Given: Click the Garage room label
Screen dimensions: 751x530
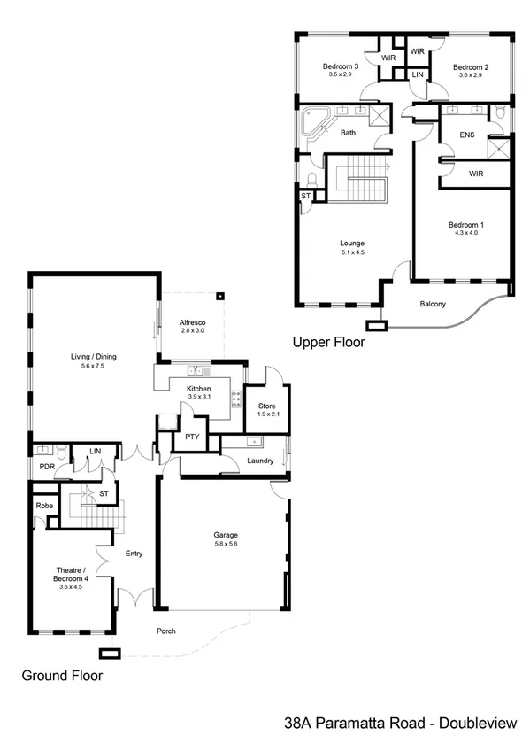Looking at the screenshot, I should (226, 535).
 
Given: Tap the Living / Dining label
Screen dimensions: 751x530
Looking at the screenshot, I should (94, 357).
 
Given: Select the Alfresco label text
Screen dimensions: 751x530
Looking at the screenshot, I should (192, 321).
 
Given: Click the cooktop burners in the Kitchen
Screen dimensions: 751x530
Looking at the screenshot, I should (236, 399).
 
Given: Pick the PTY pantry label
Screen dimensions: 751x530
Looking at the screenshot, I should (190, 437).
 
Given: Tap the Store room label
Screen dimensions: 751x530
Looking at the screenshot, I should (268, 406).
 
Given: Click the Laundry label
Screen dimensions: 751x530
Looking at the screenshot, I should (260, 461).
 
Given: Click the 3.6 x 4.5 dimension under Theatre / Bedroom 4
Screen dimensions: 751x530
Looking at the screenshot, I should (69, 585).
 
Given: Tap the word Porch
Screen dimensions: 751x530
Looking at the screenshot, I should (165, 631).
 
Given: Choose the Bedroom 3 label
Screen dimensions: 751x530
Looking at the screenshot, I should (340, 66).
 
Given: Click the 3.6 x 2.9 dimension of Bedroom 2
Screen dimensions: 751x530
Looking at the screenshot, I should (471, 76).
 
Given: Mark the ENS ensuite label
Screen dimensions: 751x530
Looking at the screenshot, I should (469, 135).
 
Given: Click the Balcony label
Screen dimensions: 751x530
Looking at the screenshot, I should (433, 305).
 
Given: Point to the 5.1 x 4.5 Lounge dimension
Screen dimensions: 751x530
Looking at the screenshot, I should (353, 252).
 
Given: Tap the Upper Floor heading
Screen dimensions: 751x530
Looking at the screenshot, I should (328, 341).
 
